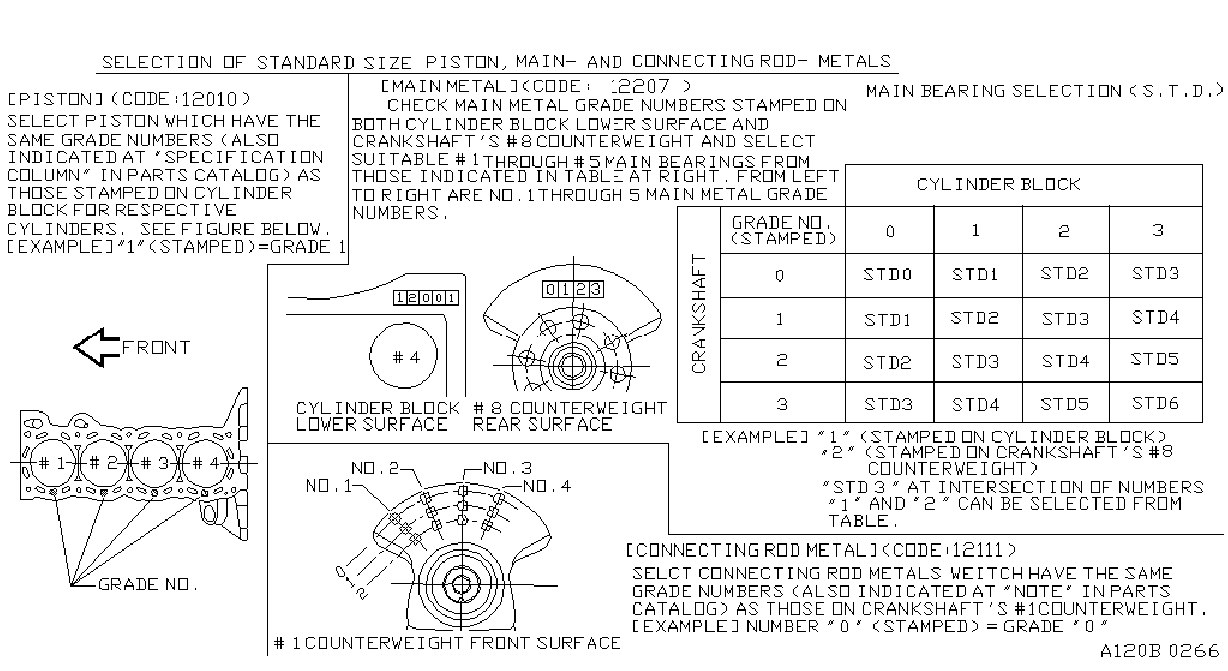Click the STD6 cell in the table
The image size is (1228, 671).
pos(1156,403)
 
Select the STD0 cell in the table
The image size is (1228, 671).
pos(889,274)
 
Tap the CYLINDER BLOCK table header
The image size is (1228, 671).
pos(999,184)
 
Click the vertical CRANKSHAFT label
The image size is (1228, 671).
pos(699,314)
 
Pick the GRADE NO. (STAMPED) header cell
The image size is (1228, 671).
pos(783,230)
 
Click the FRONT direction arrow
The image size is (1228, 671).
pos(97,347)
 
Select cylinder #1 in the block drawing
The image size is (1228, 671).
pos(53,463)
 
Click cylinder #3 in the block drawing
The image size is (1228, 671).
pos(155,463)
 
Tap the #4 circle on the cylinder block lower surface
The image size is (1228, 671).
pos(404,356)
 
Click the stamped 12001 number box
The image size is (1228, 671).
pos(426,298)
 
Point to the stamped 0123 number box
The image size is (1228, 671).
pos(573,289)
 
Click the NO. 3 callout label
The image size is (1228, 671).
pos(508,468)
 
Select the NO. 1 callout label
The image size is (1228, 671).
pos(329,486)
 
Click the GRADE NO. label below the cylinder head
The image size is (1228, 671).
pos(148,584)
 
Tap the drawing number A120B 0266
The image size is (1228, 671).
pos(1159,651)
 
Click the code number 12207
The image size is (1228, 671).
pos(639,86)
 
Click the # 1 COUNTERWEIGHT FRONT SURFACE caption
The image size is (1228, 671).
pos(447,643)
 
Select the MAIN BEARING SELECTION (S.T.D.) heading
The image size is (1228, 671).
pos(1045,91)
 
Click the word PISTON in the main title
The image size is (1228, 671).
pos(462,62)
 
